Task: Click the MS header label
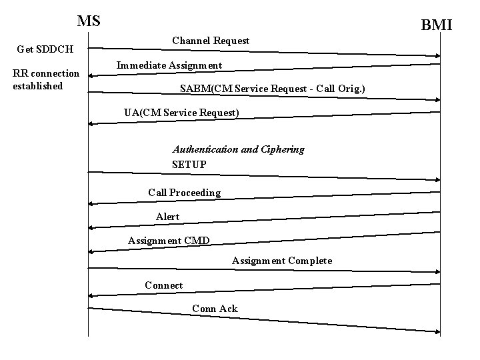(89, 21)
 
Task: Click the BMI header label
(437, 25)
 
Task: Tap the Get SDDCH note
(45, 49)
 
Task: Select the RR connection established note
(46, 79)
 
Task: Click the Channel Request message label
(211, 41)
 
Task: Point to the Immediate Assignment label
(169, 65)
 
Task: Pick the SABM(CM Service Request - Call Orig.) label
(273, 89)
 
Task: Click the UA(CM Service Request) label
(181, 113)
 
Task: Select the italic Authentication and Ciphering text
(238, 149)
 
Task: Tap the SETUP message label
(189, 164)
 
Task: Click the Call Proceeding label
(184, 193)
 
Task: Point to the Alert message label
(167, 217)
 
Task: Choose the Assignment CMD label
(169, 241)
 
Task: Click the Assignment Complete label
(281, 261)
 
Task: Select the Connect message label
(163, 285)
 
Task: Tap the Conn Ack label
(215, 308)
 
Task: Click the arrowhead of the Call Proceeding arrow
(91, 203)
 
